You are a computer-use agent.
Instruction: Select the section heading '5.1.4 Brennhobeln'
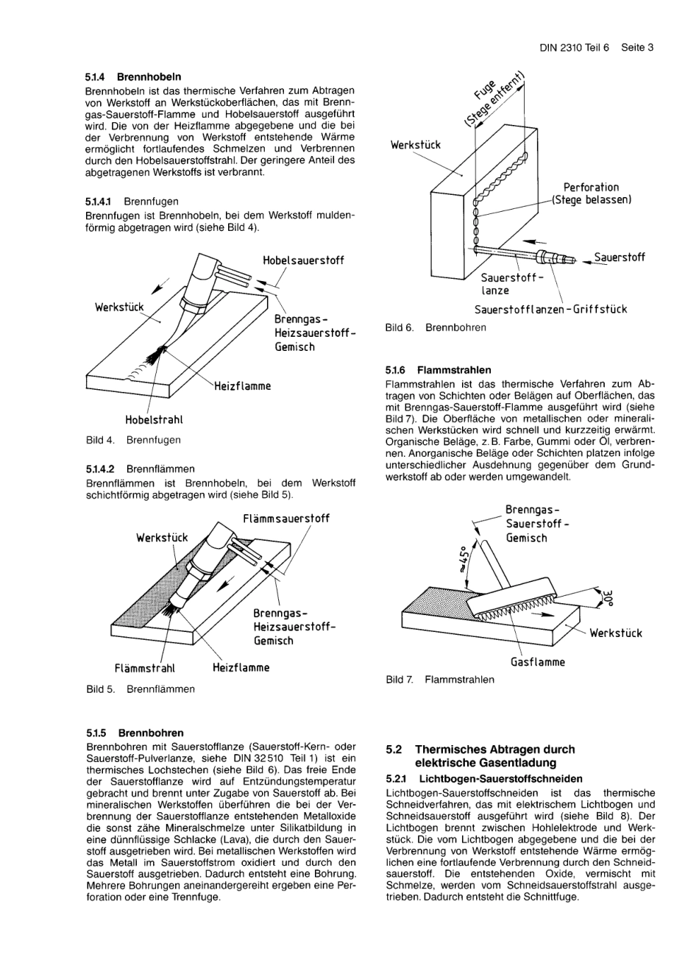[133, 77]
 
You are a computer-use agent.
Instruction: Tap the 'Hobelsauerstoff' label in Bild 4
[303, 260]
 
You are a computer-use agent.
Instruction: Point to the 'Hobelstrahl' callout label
[154, 420]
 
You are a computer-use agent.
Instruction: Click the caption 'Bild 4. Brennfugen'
[133, 440]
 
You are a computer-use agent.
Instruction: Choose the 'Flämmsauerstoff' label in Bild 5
[286, 519]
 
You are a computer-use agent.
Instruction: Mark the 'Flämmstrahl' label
[145, 668]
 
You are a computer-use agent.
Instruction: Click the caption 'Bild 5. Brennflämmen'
[141, 689]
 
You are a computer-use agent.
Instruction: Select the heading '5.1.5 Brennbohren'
[135, 733]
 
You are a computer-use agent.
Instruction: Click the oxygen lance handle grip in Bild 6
[552, 257]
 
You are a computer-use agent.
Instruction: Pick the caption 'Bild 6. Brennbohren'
[436, 327]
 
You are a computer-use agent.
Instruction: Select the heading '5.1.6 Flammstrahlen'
[438, 370]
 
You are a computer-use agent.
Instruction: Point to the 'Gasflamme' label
[538, 662]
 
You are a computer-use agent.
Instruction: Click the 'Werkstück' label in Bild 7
[615, 633]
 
